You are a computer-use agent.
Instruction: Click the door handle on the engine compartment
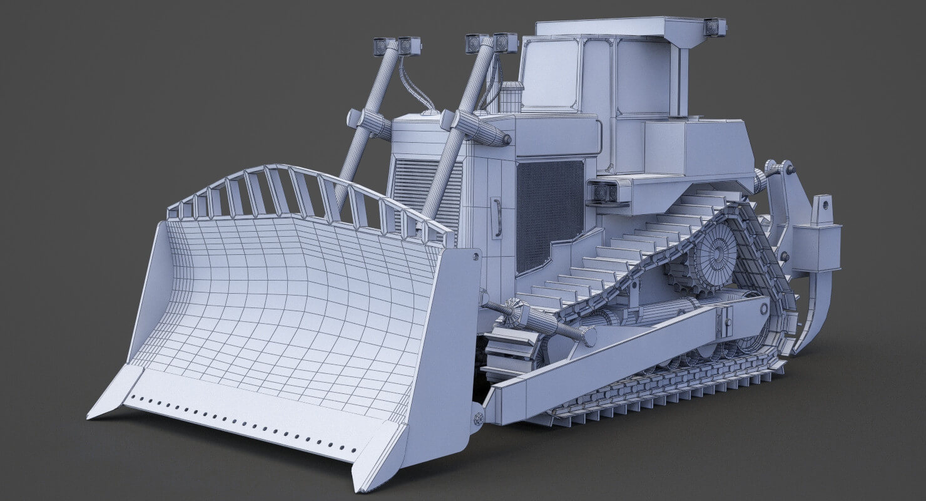tap(497, 217)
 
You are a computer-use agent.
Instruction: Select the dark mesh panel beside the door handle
tap(549, 213)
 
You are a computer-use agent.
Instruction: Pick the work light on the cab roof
tap(714, 27)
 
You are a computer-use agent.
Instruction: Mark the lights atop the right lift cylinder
tap(491, 43)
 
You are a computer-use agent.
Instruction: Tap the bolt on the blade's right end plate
tap(476, 256)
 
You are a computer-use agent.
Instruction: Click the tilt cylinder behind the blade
tap(544, 323)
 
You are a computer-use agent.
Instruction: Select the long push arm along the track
tap(626, 357)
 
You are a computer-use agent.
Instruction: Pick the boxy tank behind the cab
tap(694, 147)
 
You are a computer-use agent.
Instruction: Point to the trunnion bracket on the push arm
tap(726, 319)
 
